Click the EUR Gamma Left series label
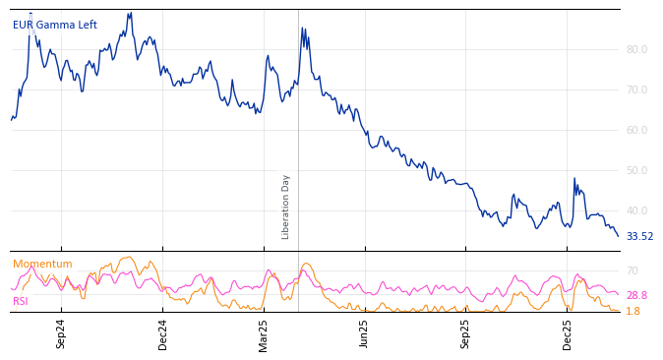[55, 26]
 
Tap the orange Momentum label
[42, 265]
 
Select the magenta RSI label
[21, 301]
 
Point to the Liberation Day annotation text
[286, 207]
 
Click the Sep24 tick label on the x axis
[61, 333]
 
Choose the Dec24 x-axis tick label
[163, 333]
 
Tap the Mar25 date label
[264, 333]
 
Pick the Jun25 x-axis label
[365, 333]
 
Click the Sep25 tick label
[466, 333]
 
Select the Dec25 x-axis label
[568, 333]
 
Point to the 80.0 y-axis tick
[636, 49]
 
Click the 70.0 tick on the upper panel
[636, 90]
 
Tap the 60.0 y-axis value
[636, 130]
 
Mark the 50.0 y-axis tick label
[636, 170]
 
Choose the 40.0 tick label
[636, 210]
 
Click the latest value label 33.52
[639, 237]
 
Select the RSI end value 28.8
[636, 295]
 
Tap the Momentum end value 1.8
[633, 311]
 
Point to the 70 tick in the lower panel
[633, 270]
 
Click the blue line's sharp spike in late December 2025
[574, 179]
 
